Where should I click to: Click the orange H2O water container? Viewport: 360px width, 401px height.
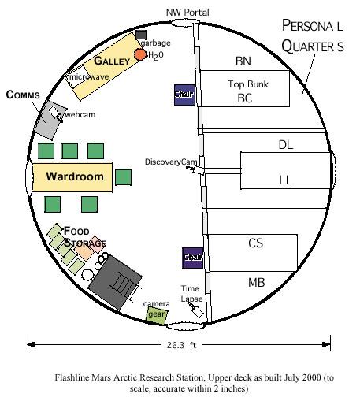click(140, 54)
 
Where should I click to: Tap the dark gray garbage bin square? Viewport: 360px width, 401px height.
click(141, 35)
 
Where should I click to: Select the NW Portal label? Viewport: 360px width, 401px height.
click(187, 13)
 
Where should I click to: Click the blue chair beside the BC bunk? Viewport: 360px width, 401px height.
click(184, 95)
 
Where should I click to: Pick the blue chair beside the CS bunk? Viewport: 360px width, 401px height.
click(193, 258)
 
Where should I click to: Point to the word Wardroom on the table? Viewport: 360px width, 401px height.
click(75, 176)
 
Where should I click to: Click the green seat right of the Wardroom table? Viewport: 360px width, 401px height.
click(123, 177)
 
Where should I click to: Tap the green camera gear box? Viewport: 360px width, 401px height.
click(157, 315)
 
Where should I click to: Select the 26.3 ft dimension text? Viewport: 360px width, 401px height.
click(181, 345)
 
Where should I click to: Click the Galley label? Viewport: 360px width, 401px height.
click(112, 61)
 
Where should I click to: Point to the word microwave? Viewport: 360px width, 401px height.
click(89, 77)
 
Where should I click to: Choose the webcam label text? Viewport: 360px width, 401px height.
click(80, 114)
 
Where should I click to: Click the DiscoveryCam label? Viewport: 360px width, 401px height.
click(171, 162)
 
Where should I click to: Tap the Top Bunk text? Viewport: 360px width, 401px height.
click(248, 84)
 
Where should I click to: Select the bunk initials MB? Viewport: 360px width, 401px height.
click(256, 283)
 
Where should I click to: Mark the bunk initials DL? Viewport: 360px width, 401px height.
click(286, 145)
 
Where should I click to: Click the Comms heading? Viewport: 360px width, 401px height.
click(23, 95)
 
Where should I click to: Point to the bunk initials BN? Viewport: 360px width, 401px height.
click(243, 61)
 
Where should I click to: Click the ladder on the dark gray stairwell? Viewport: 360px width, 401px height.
click(126, 286)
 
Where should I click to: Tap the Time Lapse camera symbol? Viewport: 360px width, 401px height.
click(196, 310)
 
